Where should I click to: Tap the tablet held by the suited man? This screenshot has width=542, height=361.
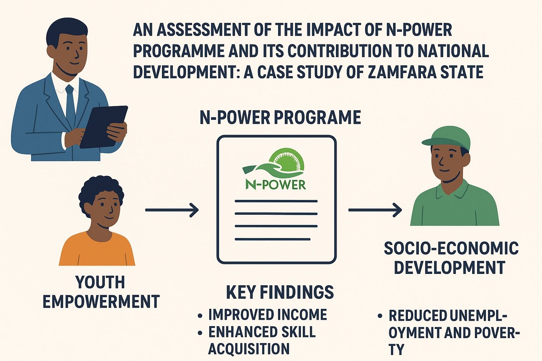tap(103, 127)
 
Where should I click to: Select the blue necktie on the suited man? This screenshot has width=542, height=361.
tap(70, 104)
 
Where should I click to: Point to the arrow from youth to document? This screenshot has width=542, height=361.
tap(172, 210)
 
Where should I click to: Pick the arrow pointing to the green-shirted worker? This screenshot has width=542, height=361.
tap(375, 210)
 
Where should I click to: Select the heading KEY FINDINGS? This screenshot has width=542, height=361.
tap(280, 292)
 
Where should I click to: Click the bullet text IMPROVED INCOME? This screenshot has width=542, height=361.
tap(267, 314)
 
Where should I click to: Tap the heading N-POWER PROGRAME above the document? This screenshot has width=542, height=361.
tap(281, 117)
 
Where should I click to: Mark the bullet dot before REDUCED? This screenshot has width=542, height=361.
tap(380, 316)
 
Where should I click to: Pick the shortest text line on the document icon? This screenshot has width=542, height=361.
tap(272, 239)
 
